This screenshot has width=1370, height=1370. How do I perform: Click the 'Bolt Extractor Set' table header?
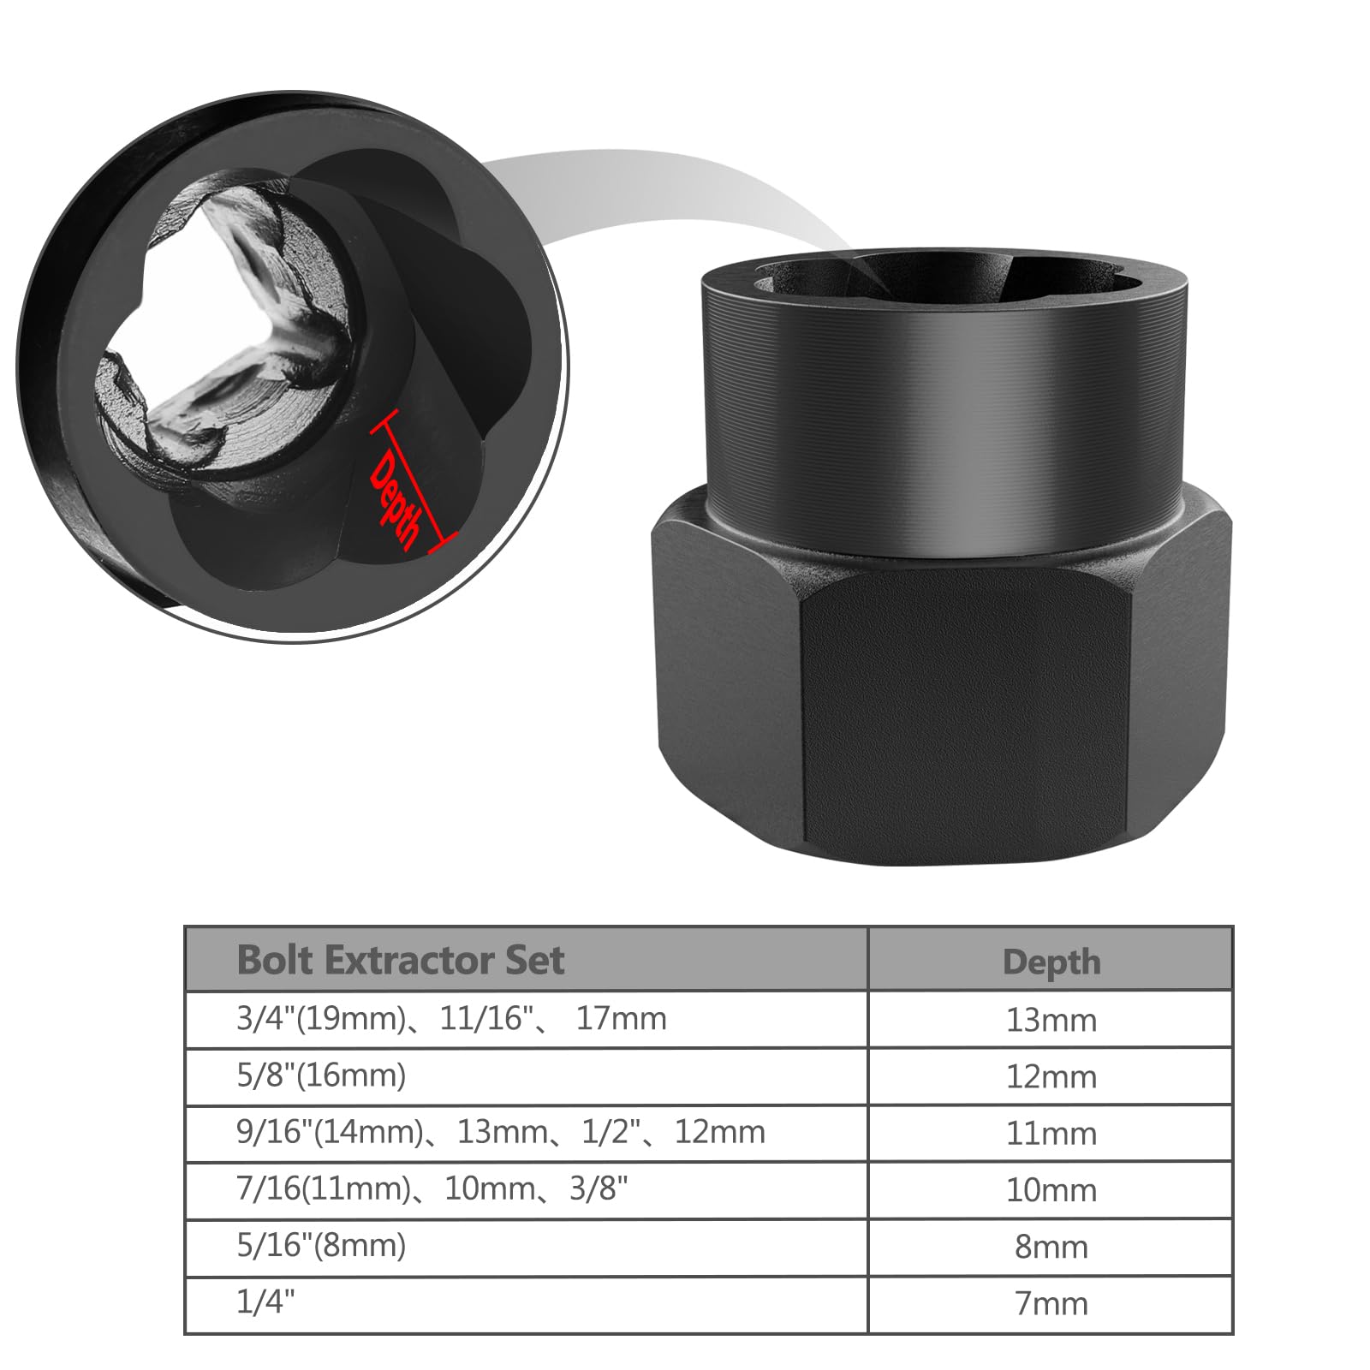coord(400,960)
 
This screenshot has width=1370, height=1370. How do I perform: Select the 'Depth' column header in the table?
coord(1051,962)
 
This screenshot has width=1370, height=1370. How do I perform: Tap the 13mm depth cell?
coord(1051,1020)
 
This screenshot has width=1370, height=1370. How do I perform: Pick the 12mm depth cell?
coord(1051,1076)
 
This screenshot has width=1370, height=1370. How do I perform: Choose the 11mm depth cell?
coord(1051,1133)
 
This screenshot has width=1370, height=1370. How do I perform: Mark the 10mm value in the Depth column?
coord(1051,1189)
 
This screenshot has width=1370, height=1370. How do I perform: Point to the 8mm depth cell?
coord(1051,1247)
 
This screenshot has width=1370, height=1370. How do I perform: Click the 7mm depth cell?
coord(1051,1303)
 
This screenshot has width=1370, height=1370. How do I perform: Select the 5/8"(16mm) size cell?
coord(321,1075)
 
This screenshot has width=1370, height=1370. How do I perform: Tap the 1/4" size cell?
coord(265,1301)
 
